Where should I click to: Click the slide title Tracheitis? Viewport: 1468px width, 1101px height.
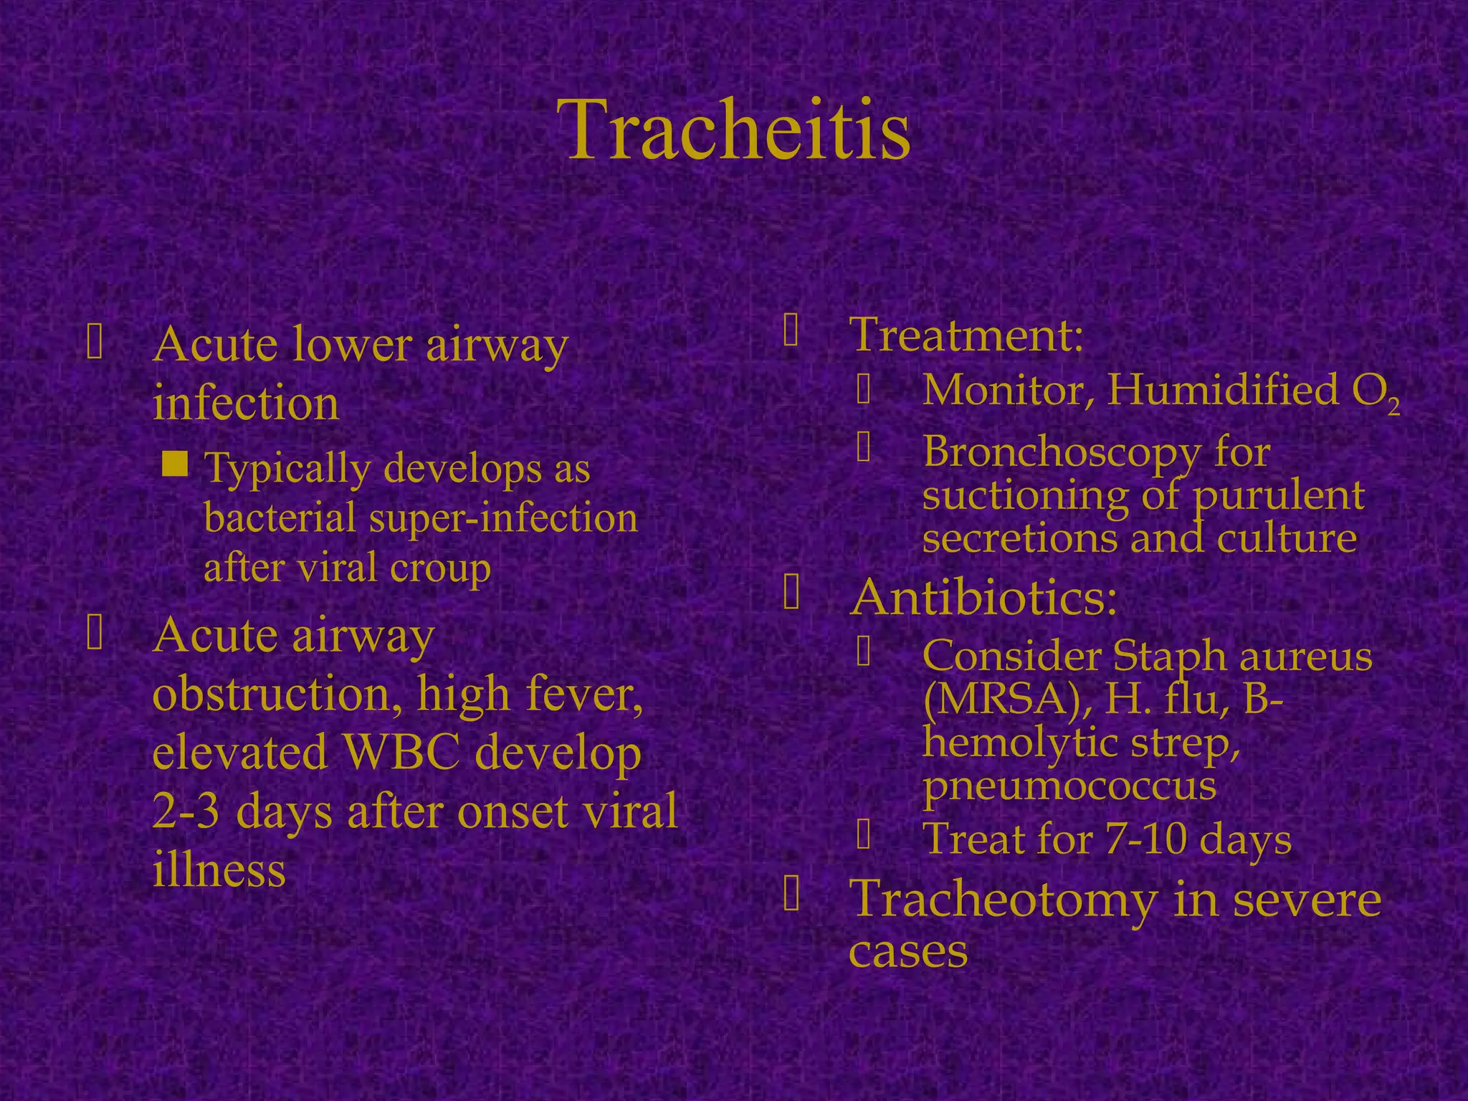click(x=738, y=130)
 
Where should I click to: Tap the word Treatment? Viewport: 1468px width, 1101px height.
click(x=966, y=335)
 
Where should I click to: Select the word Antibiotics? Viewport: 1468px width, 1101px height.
click(x=983, y=597)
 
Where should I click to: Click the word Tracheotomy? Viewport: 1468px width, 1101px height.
click(x=1003, y=900)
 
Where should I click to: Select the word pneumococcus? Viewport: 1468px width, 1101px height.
click(x=1069, y=786)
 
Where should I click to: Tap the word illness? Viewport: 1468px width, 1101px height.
click(x=219, y=870)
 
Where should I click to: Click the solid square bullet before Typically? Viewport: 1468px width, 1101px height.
click(x=175, y=464)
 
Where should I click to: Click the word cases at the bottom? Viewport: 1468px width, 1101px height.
click(x=908, y=952)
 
